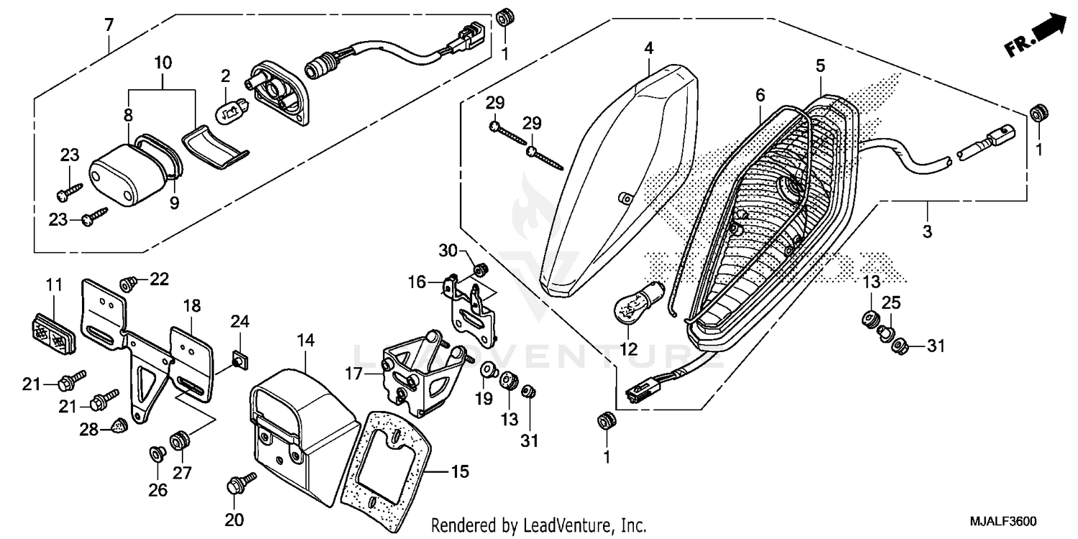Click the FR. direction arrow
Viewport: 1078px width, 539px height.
1039,37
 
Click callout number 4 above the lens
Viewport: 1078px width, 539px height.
648,49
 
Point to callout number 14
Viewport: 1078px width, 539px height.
306,341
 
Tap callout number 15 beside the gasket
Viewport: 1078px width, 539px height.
459,471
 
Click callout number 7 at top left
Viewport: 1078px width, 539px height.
109,25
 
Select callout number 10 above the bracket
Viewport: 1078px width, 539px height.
163,63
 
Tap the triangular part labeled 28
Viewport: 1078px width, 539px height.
120,428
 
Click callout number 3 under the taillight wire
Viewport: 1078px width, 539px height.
927,231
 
